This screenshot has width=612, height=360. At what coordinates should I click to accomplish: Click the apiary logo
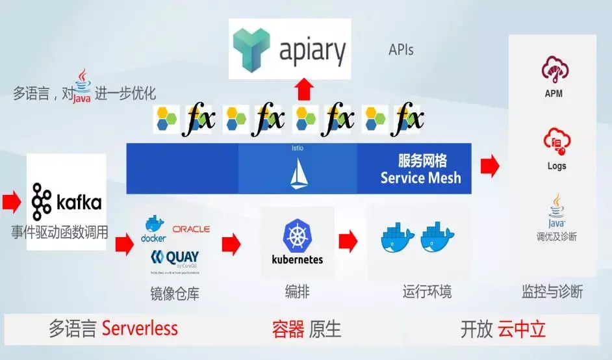click(x=290, y=49)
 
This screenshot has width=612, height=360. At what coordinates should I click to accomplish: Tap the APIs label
click(x=401, y=49)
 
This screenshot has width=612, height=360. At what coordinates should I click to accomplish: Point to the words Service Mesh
click(x=421, y=177)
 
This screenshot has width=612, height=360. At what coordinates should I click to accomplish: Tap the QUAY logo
click(x=175, y=258)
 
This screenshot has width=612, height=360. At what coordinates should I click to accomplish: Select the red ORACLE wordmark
click(x=191, y=229)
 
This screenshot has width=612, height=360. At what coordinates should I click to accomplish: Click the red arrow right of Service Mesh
click(x=490, y=166)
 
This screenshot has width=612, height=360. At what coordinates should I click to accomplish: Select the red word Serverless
click(x=140, y=328)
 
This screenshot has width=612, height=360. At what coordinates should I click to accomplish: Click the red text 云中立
click(x=522, y=329)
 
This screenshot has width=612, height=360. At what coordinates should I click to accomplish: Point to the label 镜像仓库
click(x=175, y=294)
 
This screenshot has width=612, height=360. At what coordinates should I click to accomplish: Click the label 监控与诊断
click(x=552, y=292)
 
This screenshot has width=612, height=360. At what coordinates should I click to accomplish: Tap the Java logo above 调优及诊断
click(x=556, y=207)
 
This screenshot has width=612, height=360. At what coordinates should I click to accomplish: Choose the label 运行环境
click(x=427, y=291)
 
